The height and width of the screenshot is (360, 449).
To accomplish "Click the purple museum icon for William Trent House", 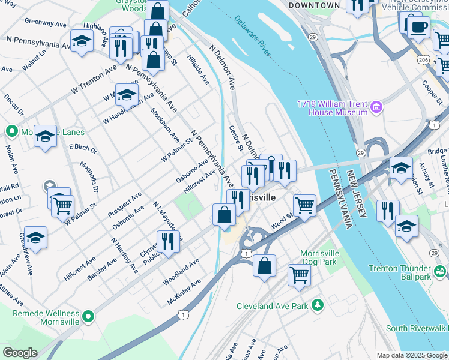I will click(x=377, y=108).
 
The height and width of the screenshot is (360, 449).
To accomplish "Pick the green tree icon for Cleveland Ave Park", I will click(x=318, y=306).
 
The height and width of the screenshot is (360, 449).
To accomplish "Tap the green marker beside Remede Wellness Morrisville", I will click(x=89, y=316).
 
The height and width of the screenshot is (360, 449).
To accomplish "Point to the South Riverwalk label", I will click(x=416, y=328).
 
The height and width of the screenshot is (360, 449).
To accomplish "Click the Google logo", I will click(x=20, y=353).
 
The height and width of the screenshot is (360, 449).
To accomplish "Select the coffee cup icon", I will click(x=418, y=26).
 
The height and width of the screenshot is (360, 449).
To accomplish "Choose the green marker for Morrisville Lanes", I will click(x=11, y=131).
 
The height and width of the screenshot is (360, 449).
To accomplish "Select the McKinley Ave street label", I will click(x=184, y=290).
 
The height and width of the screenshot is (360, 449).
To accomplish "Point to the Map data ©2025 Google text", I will click(x=411, y=355).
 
